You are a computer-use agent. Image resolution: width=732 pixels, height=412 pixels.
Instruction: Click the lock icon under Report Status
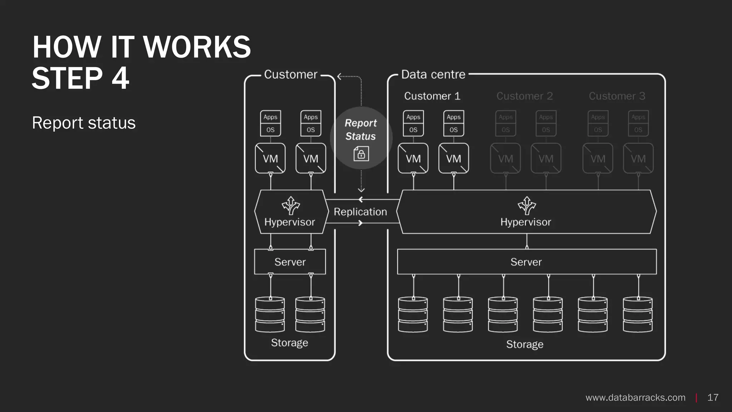pos(361,154)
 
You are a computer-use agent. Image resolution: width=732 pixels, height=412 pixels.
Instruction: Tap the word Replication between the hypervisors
pos(360,212)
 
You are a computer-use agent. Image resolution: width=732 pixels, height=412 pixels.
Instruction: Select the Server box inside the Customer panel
pos(290,262)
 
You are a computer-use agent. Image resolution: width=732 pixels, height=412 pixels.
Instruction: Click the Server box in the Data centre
pos(526,262)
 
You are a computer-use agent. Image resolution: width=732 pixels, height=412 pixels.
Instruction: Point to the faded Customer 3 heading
pos(617,96)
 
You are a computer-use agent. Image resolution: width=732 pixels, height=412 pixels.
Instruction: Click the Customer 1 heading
pos(432,96)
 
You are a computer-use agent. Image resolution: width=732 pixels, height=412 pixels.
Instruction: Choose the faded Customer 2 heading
pos(524,96)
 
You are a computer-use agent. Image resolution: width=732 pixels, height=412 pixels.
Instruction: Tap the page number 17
pos(713,397)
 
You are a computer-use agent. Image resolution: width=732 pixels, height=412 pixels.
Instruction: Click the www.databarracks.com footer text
pos(635,397)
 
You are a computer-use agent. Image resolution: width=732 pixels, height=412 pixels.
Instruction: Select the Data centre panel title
pos(433,74)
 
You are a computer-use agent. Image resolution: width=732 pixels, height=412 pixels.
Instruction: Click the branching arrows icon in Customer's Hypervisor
pos(291,206)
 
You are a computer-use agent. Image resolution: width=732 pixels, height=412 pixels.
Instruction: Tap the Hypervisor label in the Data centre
pos(525,222)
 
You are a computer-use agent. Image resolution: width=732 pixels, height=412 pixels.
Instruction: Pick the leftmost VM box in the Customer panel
pos(270,158)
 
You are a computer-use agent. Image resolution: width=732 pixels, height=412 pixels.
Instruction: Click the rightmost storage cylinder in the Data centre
pos(638,314)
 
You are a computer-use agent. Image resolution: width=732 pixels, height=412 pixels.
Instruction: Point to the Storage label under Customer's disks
pos(290,343)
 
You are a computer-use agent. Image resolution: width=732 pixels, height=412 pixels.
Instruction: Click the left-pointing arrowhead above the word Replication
pos(361,200)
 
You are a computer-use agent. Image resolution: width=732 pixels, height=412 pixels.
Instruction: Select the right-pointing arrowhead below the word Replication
pos(361,223)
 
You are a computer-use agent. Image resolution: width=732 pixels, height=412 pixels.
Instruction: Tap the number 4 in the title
pos(120,78)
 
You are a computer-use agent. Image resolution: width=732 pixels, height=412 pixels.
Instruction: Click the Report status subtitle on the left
pos(84,123)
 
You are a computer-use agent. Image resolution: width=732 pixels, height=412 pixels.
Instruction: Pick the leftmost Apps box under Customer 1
pos(413,117)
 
